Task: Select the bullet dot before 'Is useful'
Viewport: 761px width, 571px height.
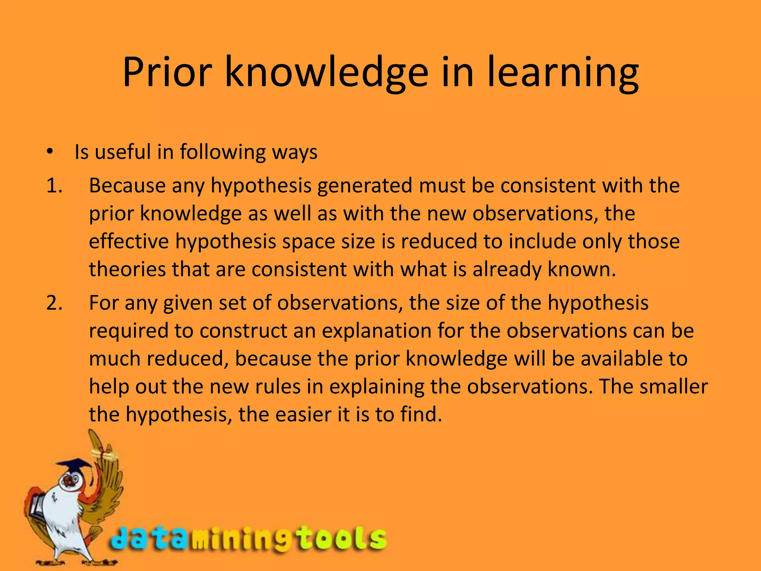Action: tap(51, 152)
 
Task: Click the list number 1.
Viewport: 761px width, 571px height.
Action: tap(54, 186)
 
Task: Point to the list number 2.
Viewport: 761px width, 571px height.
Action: tap(54, 303)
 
